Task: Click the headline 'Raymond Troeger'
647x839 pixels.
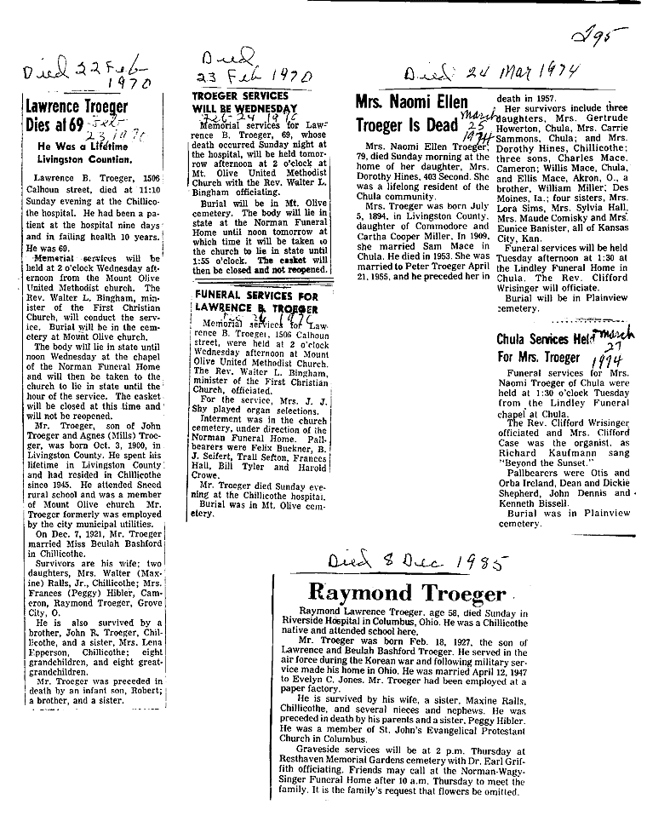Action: pyautogui.click(x=406, y=593)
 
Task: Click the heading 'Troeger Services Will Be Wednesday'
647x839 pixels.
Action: pyautogui.click(x=245, y=103)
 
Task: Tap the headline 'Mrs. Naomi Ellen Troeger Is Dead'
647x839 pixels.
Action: pyautogui.click(x=407, y=113)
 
